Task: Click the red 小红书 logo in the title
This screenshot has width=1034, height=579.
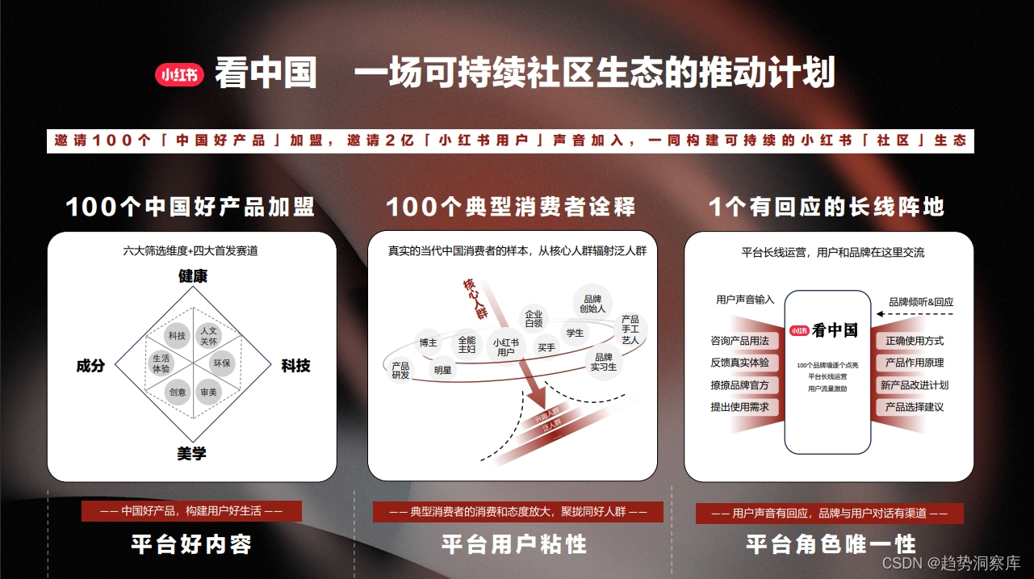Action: coord(179,75)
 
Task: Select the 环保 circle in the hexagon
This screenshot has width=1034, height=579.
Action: coord(222,363)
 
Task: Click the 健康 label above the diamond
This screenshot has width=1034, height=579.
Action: coord(193,276)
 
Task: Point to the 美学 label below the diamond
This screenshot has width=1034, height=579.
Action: coord(192,454)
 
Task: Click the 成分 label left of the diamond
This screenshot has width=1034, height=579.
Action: coord(90,366)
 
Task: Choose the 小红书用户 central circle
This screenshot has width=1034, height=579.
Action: coord(505,347)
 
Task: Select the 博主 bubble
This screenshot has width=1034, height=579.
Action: coord(428,343)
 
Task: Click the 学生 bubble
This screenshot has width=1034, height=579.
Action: coord(575,333)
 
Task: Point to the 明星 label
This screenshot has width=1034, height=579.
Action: coord(442,371)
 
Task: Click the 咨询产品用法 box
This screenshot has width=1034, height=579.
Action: coord(739,341)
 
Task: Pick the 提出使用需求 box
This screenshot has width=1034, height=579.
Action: coord(739,407)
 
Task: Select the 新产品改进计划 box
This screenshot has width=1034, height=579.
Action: coord(915,385)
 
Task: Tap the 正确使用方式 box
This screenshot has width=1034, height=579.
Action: coord(915,341)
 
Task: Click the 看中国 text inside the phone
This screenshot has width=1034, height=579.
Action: coord(835,329)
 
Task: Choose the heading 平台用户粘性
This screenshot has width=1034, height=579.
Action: coord(514,544)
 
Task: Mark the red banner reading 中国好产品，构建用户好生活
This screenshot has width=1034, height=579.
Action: coord(191,511)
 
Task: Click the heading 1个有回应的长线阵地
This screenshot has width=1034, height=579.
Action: coord(826,208)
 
